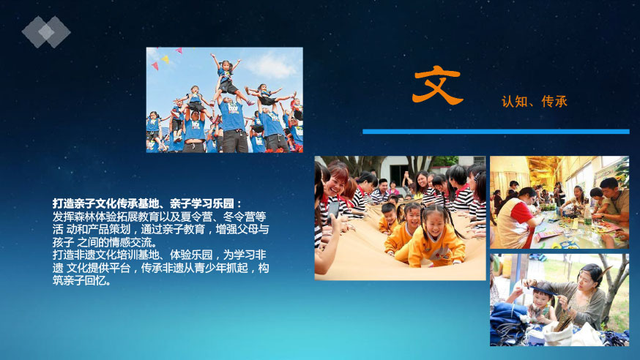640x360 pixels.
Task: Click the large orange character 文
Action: tap(437, 85)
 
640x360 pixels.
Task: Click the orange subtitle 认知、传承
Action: tap(535, 102)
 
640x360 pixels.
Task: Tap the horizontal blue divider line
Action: tap(496, 131)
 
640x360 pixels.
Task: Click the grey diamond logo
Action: tap(46, 31)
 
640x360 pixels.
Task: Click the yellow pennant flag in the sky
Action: tap(165, 59)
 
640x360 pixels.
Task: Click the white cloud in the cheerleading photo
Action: tap(271, 66)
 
